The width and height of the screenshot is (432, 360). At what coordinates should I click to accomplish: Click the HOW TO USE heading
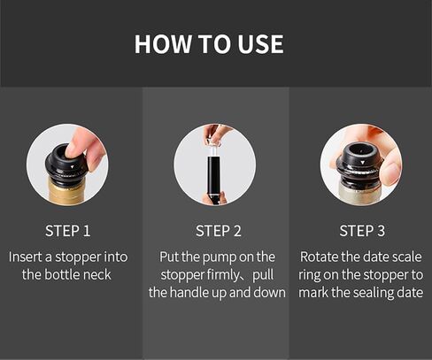pyautogui.click(x=209, y=44)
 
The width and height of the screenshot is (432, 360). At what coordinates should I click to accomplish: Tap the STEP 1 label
pyautogui.click(x=67, y=231)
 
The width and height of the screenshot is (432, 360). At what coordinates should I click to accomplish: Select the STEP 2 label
pyautogui.click(x=219, y=231)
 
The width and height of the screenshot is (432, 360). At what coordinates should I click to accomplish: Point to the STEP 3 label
pyautogui.click(x=362, y=231)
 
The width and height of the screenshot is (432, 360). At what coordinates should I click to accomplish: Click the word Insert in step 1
pyautogui.click(x=25, y=257)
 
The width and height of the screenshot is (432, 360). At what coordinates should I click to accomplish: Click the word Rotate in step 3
pyautogui.click(x=319, y=257)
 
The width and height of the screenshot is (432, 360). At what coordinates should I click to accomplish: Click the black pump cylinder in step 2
pyautogui.click(x=214, y=174)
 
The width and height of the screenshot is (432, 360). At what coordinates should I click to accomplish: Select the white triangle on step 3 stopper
pyautogui.click(x=362, y=163)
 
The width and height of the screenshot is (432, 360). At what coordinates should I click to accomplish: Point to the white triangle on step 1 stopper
pyautogui.click(x=73, y=167)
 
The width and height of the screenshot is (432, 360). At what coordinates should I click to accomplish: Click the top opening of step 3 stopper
pyautogui.click(x=359, y=149)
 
